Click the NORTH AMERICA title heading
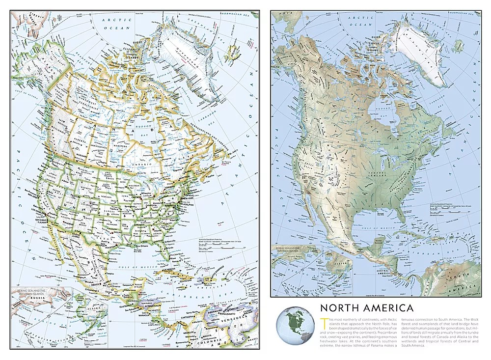[x=366, y=308]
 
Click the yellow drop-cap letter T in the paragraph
[x=322, y=321]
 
